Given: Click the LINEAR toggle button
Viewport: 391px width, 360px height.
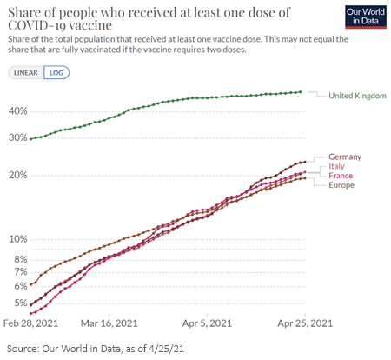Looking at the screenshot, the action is (26, 72).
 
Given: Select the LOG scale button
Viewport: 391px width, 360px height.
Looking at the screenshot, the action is (56, 72).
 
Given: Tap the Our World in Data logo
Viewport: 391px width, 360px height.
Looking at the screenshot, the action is (366, 17).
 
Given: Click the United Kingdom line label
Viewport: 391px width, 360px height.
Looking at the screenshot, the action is (357, 96).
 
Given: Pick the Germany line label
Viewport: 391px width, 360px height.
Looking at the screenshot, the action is (345, 157).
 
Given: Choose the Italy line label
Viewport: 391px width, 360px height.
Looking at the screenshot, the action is (336, 166).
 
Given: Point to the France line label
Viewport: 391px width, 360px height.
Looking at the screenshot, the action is (341, 176).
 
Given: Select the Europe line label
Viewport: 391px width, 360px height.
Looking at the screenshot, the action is (341, 185).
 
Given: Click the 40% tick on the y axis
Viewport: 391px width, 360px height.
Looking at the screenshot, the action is (18, 111).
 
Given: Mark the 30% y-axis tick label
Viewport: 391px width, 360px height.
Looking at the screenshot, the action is (18, 137).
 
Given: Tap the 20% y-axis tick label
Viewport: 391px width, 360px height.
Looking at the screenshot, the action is (18, 175).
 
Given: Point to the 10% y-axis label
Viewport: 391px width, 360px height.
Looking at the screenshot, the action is (18, 239).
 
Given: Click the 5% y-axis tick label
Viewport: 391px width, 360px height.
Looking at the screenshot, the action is (21, 303).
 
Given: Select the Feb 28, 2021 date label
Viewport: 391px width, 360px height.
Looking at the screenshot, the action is (30, 323).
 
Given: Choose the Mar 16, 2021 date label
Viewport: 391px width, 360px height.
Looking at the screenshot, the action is (109, 323).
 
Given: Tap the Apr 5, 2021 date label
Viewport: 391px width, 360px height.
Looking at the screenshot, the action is (207, 323).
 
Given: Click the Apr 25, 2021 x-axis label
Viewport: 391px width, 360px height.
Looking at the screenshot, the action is (305, 323).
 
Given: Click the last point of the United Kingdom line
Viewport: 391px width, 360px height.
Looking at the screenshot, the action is (300, 92).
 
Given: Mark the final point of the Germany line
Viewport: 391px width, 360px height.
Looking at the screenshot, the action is (305, 162).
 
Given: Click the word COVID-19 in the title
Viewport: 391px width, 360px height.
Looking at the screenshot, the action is (36, 25).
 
